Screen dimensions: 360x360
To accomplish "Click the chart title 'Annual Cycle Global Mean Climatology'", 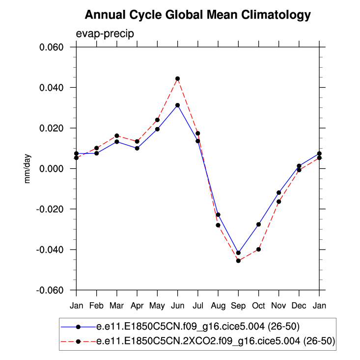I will tap(197, 15).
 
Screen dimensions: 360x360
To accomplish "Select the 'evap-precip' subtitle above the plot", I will tap(105, 33).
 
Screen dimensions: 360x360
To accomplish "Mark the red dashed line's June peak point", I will tap(177, 78).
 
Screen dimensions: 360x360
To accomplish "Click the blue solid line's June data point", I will tap(177, 105).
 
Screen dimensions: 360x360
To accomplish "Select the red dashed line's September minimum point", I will tap(238, 260).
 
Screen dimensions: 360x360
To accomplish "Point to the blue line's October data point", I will tap(258, 224).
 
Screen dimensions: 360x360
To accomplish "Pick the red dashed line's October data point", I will tap(258, 249).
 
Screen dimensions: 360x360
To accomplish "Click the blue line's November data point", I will tap(278, 193).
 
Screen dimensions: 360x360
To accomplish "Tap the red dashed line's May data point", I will tap(157, 120).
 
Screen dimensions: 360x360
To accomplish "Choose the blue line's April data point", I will tap(137, 148).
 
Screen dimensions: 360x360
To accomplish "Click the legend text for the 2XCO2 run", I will tap(216, 341).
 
